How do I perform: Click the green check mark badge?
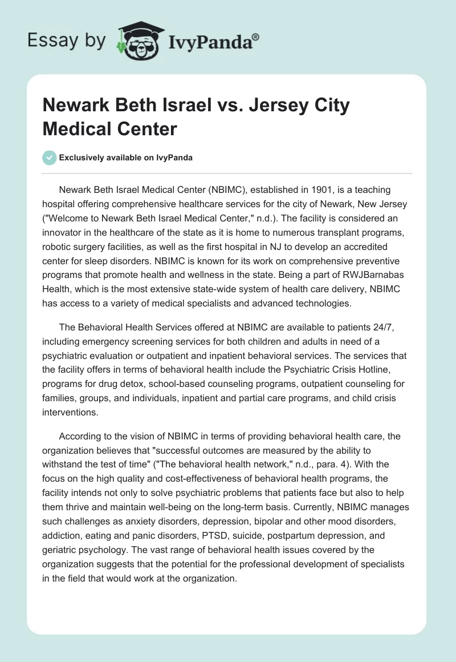(x=50, y=158)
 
